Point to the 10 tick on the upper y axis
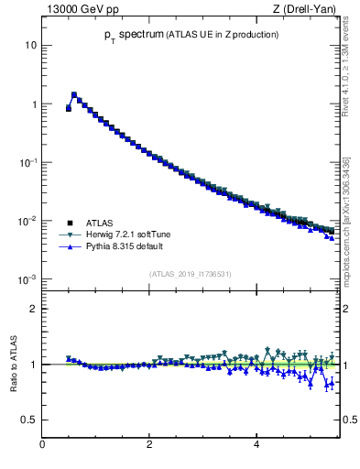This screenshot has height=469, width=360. (x=31, y=46)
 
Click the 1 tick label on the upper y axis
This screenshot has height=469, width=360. (x=34, y=104)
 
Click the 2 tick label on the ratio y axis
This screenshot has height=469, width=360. (x=34, y=309)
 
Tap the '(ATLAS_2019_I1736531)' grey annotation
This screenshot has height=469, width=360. (x=191, y=274)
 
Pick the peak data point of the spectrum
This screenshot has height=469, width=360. (x=74, y=94)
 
